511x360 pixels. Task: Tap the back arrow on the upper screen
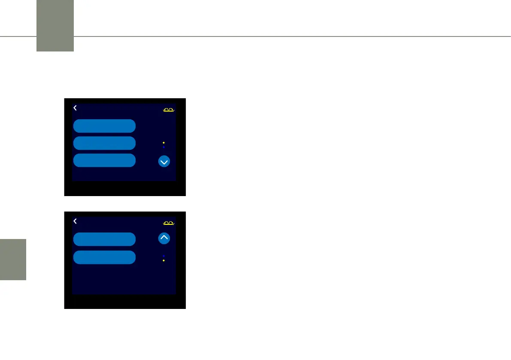[x=75, y=108]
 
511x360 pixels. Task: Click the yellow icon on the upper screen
[x=169, y=110]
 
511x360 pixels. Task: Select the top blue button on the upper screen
[x=104, y=126]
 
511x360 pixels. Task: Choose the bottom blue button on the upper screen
[x=104, y=160]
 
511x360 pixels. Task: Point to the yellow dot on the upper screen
[x=164, y=142]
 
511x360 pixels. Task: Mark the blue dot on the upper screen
[x=164, y=147]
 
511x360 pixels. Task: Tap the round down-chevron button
[x=164, y=162]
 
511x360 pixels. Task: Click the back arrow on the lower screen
[x=75, y=221]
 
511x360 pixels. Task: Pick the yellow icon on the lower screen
[x=169, y=224]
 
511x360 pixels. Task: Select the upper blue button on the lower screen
[x=104, y=239]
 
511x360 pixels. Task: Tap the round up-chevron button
[x=164, y=239]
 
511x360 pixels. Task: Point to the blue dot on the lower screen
[x=164, y=256]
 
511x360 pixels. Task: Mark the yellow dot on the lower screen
[x=164, y=260]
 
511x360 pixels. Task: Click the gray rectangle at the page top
[x=55, y=26]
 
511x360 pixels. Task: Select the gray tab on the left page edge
[x=13, y=260]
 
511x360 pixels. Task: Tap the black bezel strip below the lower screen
[x=124, y=302]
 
